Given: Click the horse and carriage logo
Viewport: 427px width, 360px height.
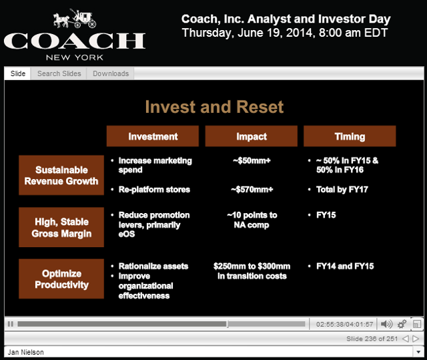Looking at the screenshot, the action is coord(75,19).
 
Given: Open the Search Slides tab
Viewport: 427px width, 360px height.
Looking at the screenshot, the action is coord(59,73).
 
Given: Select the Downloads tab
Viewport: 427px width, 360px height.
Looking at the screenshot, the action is coord(111,73).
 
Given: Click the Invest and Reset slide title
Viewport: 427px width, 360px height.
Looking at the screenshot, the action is coord(214,107).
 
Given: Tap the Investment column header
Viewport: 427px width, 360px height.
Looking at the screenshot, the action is coord(153,136).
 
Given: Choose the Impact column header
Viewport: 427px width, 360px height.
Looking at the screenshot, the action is coord(252,136).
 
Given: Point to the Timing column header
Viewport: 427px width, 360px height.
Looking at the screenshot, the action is coord(350,136).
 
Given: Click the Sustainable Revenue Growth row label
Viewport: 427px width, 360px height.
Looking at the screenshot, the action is coord(61,175).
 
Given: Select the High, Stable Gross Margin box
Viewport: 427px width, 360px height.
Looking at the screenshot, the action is coord(61,227).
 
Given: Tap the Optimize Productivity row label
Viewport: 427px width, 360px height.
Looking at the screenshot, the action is coord(61,279).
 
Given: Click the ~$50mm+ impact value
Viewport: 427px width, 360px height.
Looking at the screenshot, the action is coord(252,160).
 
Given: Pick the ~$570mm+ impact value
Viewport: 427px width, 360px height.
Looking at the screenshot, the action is coord(252,190).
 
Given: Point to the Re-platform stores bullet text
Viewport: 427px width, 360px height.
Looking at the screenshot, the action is coord(154,190).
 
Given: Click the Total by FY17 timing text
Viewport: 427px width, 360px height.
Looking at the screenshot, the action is coord(342,190).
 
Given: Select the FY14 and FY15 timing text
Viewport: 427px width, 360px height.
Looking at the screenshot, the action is coord(345,266).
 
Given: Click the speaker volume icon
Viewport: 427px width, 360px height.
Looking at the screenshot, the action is coord(386,324).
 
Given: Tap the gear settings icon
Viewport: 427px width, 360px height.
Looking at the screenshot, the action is coord(402,324).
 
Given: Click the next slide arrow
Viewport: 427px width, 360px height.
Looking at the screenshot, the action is coord(416,339).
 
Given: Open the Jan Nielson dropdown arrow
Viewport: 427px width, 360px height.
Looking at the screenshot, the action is coord(418,352).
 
